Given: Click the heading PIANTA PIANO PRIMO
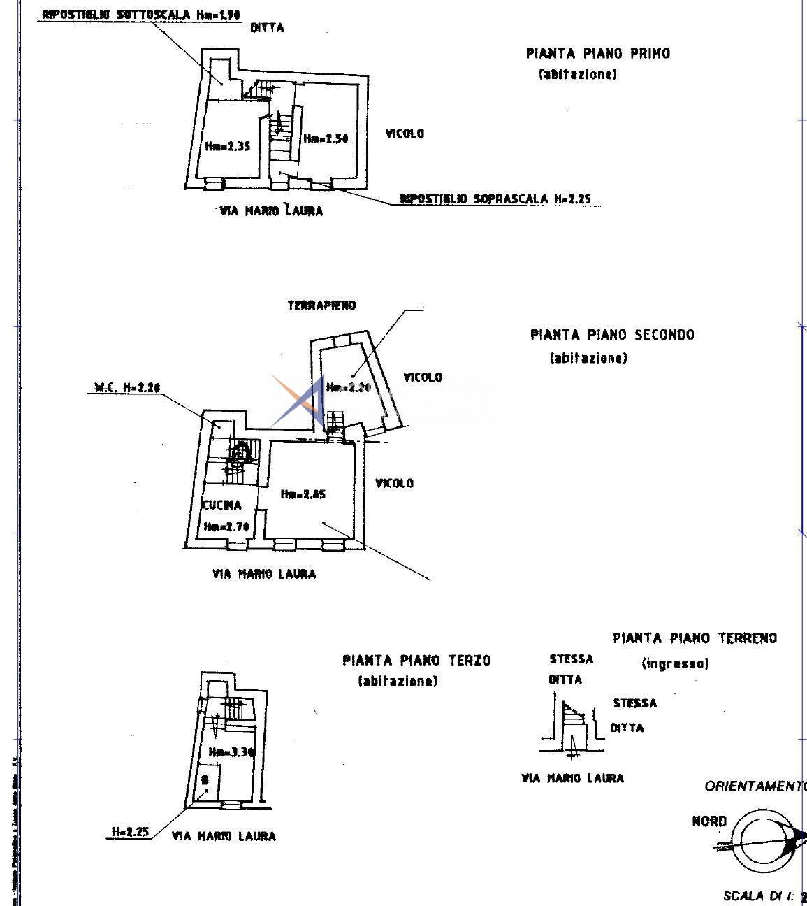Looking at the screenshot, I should [597, 53].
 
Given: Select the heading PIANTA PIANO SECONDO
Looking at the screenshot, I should [612, 335].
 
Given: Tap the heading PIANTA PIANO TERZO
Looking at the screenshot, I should [416, 661].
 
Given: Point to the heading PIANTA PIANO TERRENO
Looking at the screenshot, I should [695, 638].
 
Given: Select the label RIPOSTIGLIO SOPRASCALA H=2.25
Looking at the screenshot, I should [495, 199].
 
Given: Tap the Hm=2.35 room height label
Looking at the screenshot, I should [228, 146].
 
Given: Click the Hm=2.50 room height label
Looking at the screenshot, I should [326, 138].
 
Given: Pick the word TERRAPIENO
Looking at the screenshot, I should [321, 305].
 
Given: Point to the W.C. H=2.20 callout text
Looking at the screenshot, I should [126, 387].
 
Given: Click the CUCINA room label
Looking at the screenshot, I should [222, 505].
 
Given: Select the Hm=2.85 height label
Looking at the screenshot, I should [303, 494].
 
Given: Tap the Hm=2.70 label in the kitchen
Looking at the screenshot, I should [226, 527].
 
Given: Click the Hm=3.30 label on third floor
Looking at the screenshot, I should [231, 752].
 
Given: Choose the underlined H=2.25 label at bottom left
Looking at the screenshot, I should [131, 832].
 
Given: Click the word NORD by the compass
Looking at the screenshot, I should [709, 821].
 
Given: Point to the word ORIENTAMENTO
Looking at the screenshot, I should [755, 786].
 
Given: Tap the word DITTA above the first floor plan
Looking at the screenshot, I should [267, 28].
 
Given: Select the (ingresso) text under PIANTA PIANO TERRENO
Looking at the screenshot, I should [675, 663].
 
